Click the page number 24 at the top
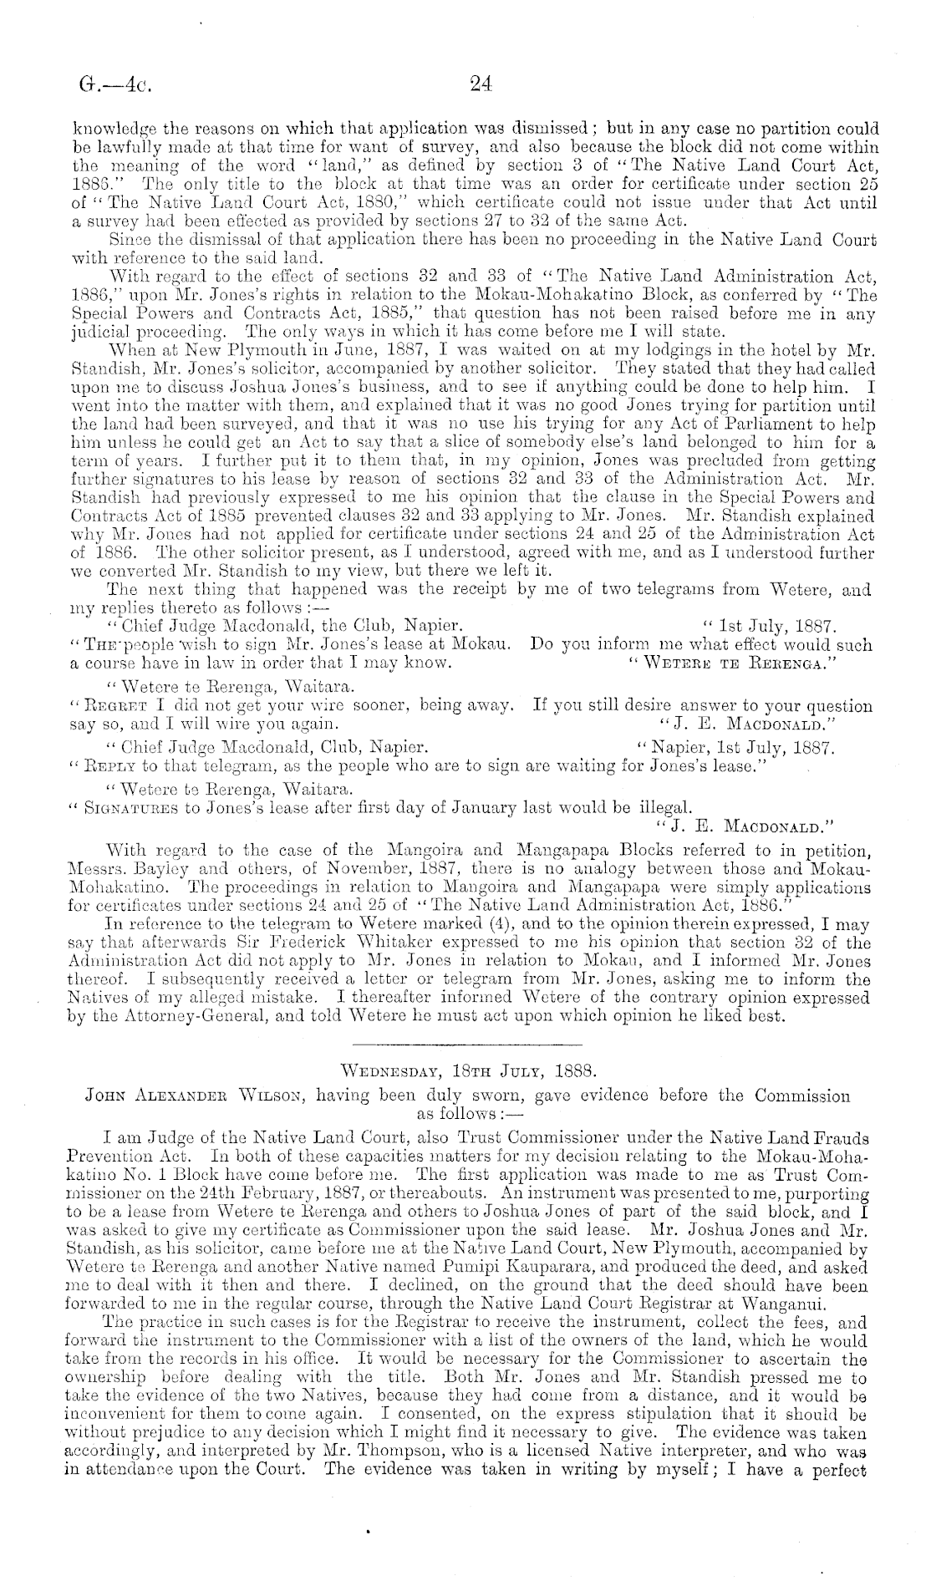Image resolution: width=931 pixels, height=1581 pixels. (x=481, y=83)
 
